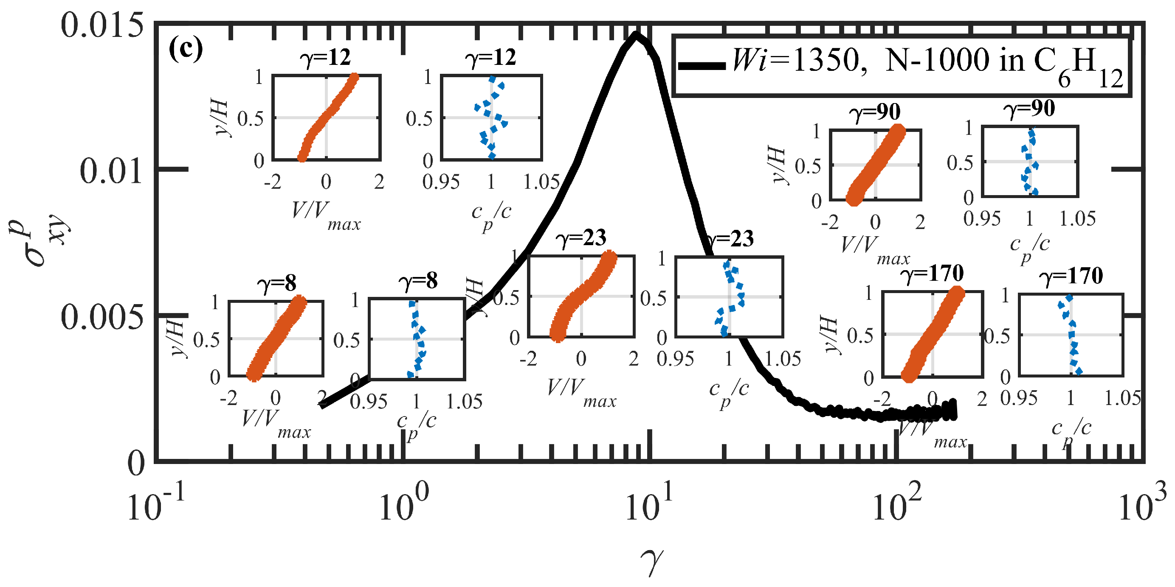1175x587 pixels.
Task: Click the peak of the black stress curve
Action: (x=636, y=36)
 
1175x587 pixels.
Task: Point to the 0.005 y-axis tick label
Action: (x=101, y=317)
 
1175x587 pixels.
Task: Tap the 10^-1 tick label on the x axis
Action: (x=155, y=503)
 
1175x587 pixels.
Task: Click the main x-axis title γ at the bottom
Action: (x=651, y=562)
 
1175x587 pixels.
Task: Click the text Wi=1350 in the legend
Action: (x=796, y=60)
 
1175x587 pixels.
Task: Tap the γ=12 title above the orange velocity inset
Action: (x=325, y=57)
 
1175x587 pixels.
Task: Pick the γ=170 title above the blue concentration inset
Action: (x=1073, y=276)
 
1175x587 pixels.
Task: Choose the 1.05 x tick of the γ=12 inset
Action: (x=541, y=182)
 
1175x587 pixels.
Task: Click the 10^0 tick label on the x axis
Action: (x=404, y=503)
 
